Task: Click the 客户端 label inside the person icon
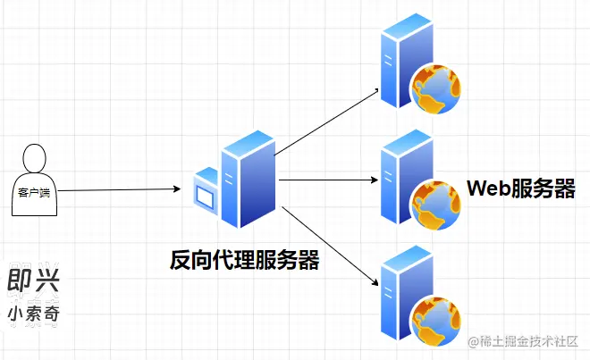pos(34,192)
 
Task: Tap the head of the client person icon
pos(34,158)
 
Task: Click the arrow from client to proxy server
pos(116,190)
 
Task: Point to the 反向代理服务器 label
pos(245,260)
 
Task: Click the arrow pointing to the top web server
pos(326,121)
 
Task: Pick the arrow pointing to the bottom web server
pos(327,246)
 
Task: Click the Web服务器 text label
pos(521,189)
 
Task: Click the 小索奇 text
pos(32,314)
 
